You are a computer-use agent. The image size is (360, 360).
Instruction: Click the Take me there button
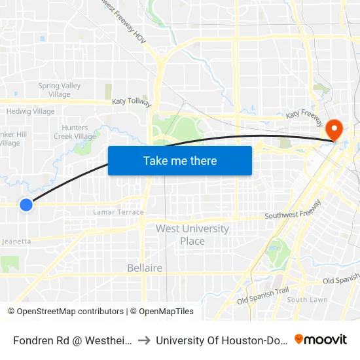[x=180, y=160]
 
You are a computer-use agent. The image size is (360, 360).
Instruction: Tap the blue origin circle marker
[x=26, y=205]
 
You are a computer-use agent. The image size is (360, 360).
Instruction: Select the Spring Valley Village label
[x=59, y=90]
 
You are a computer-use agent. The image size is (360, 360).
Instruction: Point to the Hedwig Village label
[x=30, y=111]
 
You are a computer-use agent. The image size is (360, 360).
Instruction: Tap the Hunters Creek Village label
[x=78, y=132]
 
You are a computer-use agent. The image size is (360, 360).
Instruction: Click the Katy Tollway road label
[x=132, y=102]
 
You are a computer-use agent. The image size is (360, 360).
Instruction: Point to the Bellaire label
[x=145, y=268]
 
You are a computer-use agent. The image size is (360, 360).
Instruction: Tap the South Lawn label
[x=307, y=300]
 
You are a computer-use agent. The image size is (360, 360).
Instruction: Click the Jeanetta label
[x=17, y=241]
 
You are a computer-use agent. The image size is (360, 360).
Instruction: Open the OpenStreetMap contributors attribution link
[x=66, y=312]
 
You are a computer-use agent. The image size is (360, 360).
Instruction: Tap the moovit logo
[x=321, y=339]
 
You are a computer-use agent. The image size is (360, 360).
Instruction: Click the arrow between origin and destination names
[x=143, y=340]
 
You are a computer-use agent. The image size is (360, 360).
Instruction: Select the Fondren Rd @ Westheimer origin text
[x=73, y=340]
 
